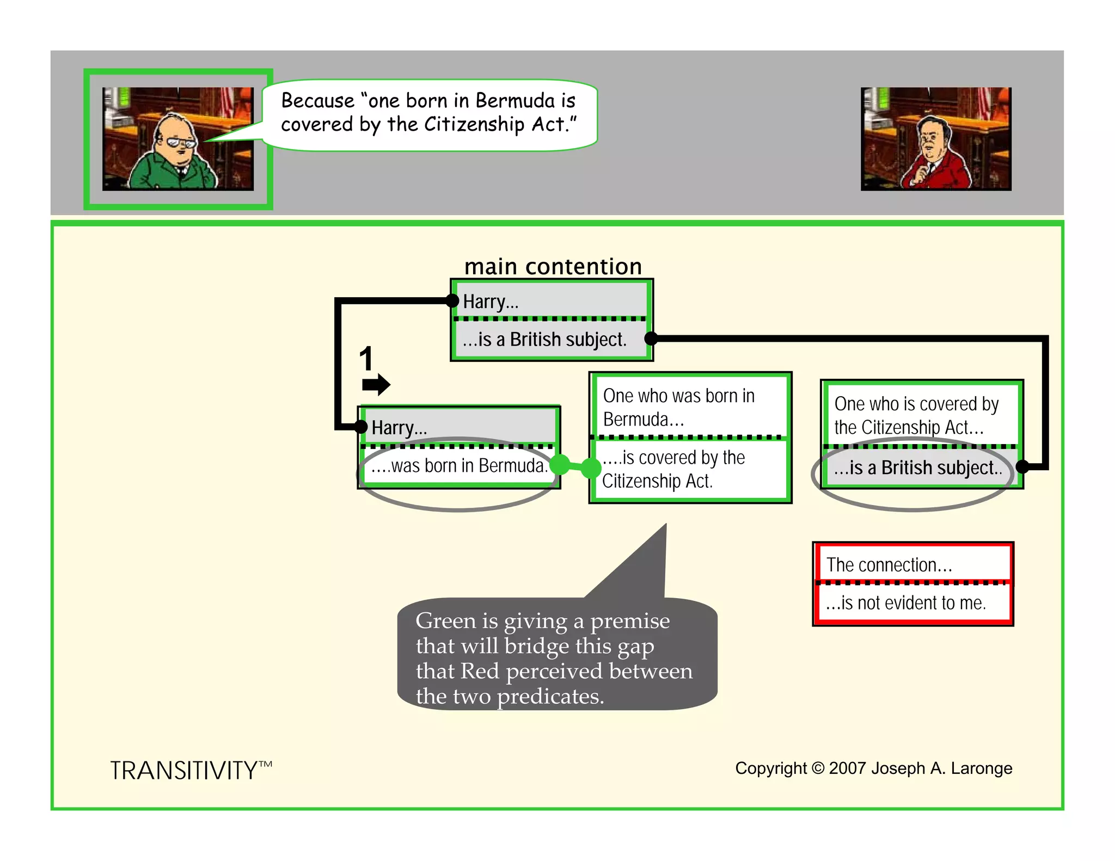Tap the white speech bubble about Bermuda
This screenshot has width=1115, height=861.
click(429, 113)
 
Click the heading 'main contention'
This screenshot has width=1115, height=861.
click(553, 267)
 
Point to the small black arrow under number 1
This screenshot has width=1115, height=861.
click(376, 384)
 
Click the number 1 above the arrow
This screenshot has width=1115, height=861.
click(366, 359)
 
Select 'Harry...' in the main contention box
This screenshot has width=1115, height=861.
click(491, 302)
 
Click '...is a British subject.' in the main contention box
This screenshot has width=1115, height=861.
click(544, 340)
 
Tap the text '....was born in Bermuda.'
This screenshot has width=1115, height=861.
click(459, 466)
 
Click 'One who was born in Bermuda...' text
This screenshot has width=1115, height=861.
click(678, 407)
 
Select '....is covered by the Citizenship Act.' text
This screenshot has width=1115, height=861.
click(673, 469)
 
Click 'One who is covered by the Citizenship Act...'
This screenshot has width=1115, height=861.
click(916, 415)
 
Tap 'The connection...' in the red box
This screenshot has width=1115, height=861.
click(889, 565)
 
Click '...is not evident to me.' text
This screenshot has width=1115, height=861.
click(905, 603)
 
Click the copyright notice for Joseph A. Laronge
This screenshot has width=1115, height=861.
click(873, 768)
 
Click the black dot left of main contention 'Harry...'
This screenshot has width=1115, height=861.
click(452, 300)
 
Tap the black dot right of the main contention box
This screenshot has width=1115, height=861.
click(651, 339)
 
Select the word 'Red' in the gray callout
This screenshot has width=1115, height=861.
click(480, 671)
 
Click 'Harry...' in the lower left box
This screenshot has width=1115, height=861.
click(399, 428)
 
